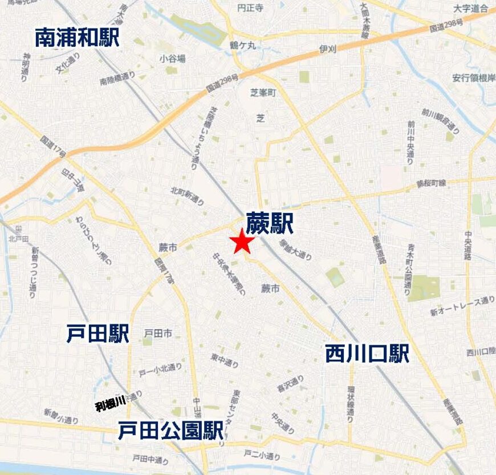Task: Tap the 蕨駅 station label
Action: point(269,224)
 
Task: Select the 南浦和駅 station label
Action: point(77,38)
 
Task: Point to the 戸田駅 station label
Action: point(97,334)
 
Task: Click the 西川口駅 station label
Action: point(367,354)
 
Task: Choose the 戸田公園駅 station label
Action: point(170,431)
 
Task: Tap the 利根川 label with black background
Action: point(110,406)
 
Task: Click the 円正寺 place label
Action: point(250,9)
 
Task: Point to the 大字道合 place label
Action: point(471,9)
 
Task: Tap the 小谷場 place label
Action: point(172,58)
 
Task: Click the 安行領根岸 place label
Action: point(474,78)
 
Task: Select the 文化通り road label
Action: point(67,64)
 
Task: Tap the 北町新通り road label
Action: point(187,196)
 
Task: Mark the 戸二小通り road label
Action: point(262,455)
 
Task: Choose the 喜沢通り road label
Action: point(290,384)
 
